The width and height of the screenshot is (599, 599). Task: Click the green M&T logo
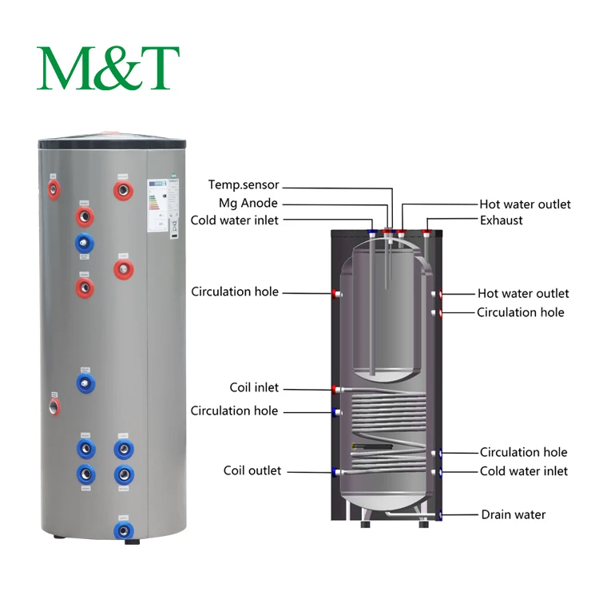pos(108,68)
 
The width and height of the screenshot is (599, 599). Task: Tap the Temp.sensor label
pos(244,185)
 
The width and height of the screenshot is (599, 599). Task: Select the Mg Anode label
pos(248,203)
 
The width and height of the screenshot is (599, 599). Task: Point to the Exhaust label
pos(502,220)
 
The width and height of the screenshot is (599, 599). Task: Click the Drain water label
pos(513,514)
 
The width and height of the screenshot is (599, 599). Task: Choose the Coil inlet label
pos(254,387)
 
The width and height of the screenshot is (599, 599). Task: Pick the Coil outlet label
pos(252,470)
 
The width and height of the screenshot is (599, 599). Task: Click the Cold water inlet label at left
pos(234,220)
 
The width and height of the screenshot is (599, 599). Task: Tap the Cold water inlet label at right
pos(523,471)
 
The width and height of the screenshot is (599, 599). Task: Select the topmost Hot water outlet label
pos(525,204)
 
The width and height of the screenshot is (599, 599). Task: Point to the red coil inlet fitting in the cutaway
pos(335,390)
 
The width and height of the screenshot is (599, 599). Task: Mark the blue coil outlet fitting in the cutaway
pos(335,472)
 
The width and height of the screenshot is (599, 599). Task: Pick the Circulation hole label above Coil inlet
pos(235,292)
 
